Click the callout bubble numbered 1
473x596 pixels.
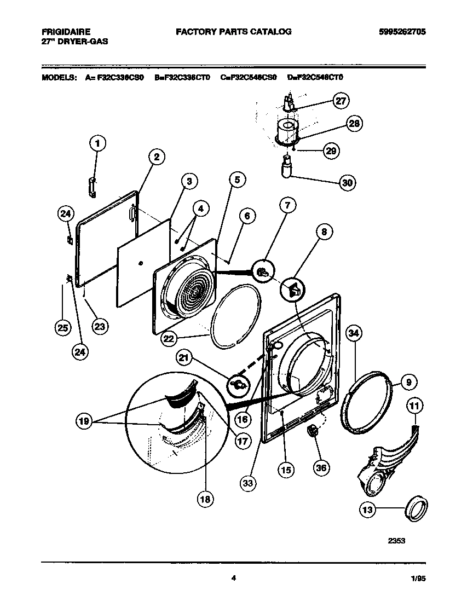97,144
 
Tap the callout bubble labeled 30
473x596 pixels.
347,183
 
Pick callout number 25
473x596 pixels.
63,328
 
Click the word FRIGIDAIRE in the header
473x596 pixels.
66,32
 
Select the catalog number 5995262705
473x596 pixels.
402,32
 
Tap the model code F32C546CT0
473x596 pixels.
315,78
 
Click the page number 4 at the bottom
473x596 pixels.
234,576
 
